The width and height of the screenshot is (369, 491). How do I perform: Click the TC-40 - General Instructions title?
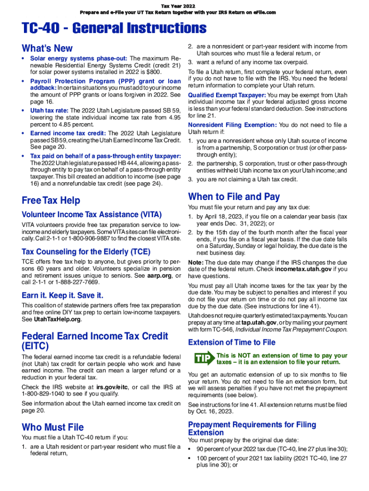114,28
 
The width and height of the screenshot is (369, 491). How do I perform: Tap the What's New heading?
47,48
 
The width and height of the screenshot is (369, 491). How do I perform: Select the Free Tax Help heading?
51,200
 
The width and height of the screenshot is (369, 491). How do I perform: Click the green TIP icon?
203,358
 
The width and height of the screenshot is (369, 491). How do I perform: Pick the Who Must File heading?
53,427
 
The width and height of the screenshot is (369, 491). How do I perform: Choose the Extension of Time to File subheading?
232,342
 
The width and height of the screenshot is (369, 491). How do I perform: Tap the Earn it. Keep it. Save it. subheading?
62,295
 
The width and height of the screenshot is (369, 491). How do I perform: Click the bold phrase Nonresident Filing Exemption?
232,125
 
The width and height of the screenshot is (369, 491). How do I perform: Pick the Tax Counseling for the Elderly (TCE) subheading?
86,251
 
